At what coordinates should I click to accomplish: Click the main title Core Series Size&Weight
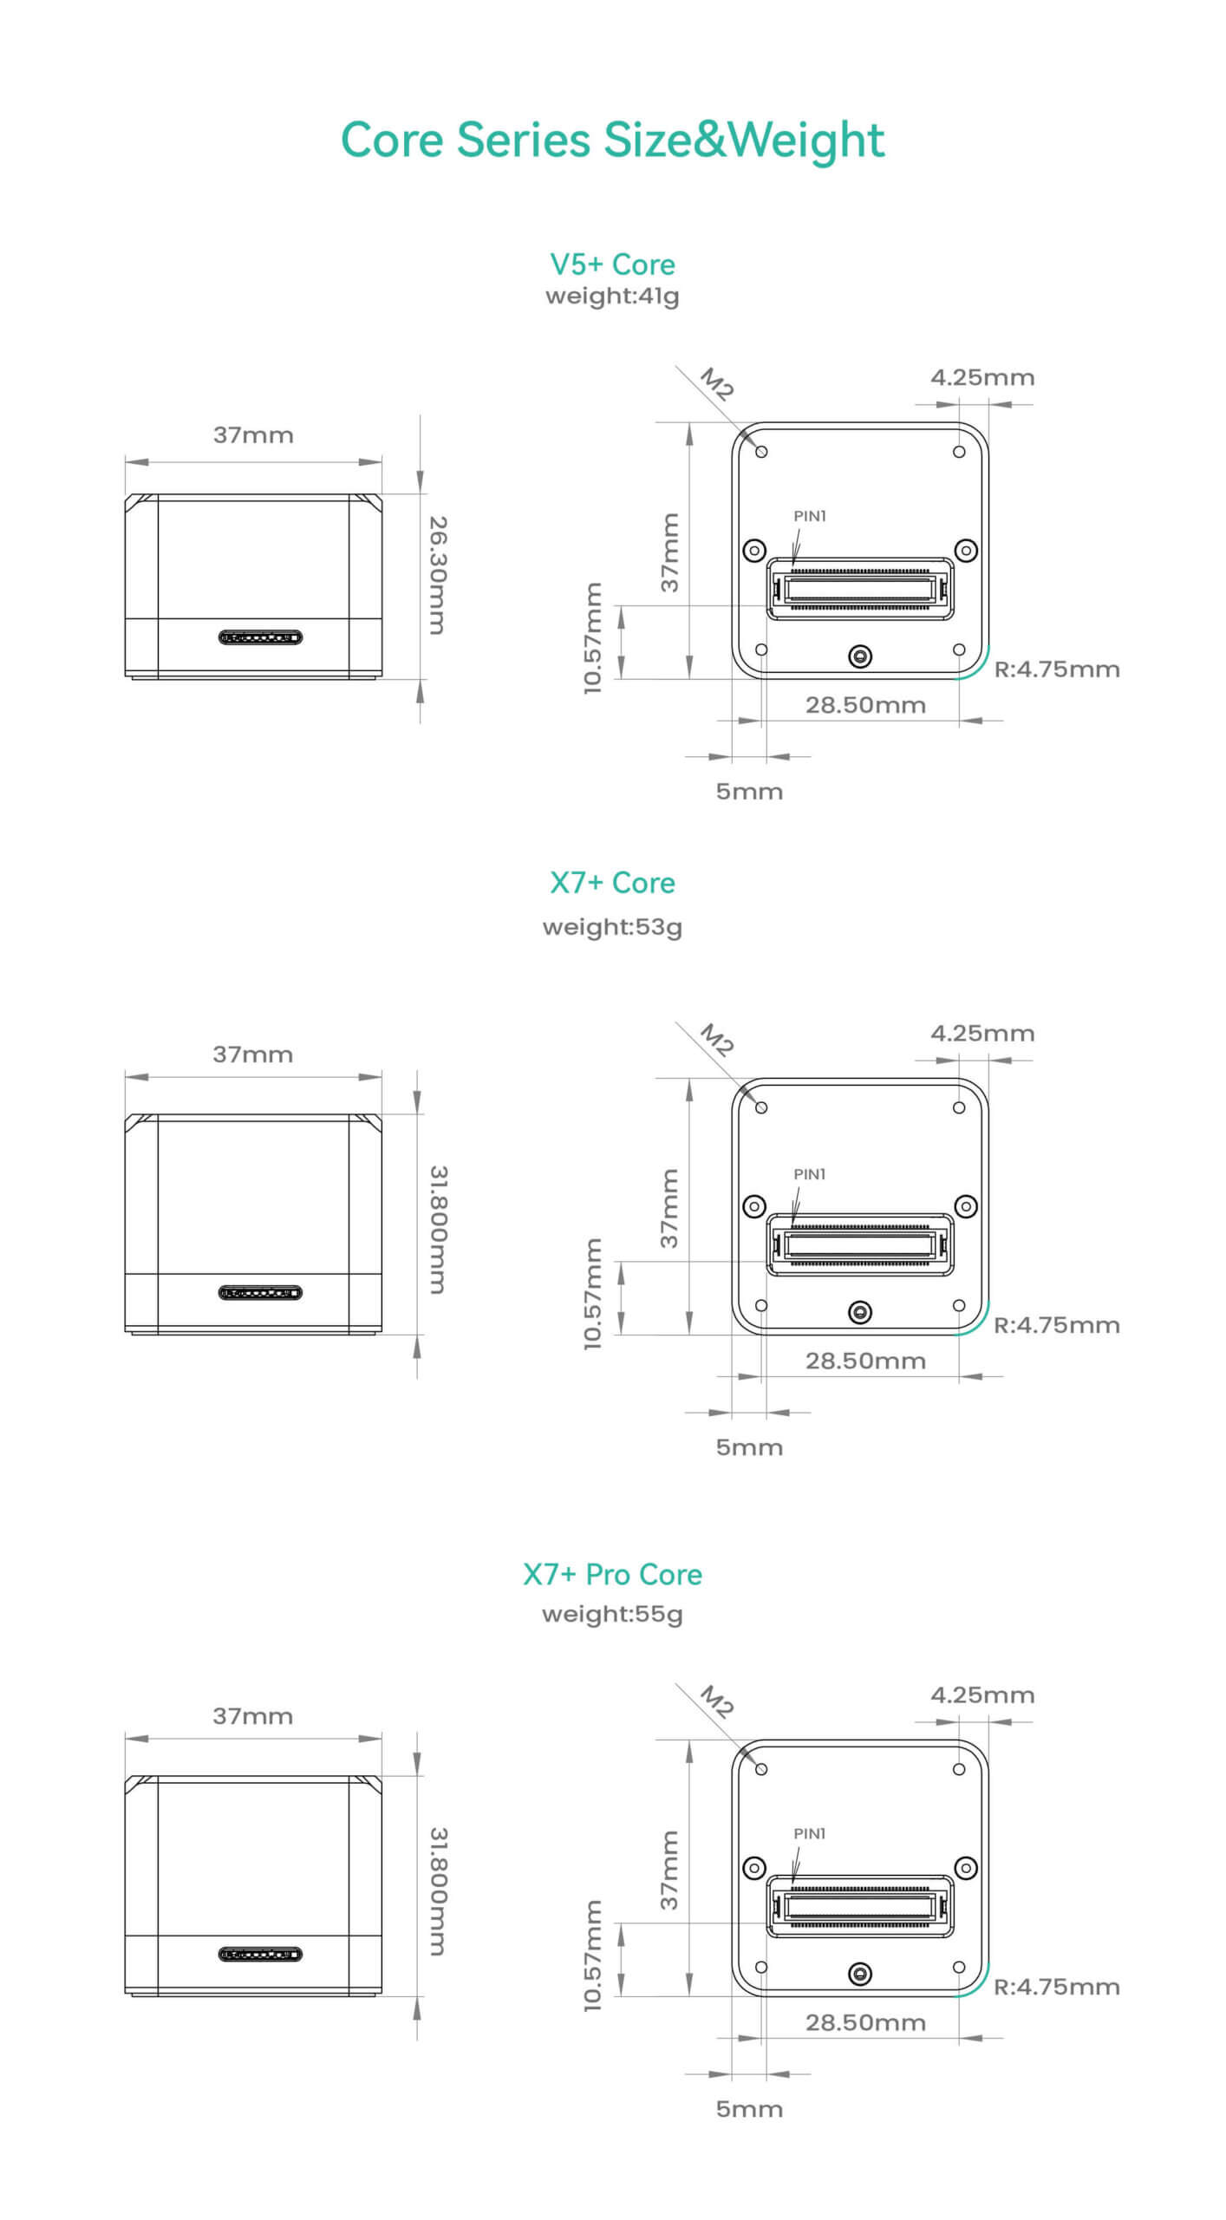(612, 140)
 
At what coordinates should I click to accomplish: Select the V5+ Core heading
(612, 264)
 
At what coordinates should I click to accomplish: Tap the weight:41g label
(612, 297)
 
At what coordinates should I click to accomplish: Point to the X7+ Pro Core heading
(612, 1574)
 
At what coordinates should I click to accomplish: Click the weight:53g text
(612, 927)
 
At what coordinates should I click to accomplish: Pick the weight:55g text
(612, 1614)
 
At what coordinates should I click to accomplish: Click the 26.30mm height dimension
(439, 575)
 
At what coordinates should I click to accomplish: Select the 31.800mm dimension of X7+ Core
(439, 1230)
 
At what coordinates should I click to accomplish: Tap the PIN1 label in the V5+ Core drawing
(810, 516)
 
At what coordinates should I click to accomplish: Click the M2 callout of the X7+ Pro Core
(717, 1701)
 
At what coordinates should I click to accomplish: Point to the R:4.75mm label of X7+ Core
(1056, 1325)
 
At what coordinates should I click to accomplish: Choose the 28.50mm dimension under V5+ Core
(865, 705)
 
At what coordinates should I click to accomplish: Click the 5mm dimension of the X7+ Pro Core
(749, 2109)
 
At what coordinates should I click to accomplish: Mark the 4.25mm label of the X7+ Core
(982, 1033)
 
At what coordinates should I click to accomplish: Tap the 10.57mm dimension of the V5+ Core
(592, 638)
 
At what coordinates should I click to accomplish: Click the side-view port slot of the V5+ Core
(260, 638)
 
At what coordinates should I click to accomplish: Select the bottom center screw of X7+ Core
(859, 1312)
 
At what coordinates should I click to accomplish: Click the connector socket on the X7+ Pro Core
(859, 1906)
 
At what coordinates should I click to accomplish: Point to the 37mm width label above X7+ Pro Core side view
(252, 1716)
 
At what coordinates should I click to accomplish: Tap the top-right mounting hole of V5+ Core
(959, 452)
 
